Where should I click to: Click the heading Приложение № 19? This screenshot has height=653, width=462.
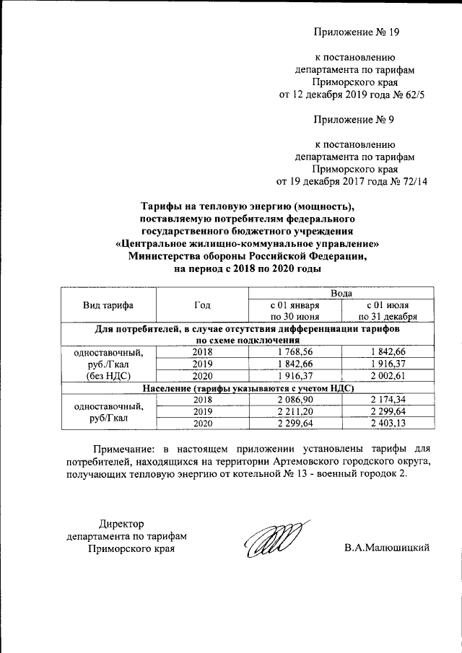click(356, 32)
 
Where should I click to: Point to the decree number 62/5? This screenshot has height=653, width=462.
click(414, 94)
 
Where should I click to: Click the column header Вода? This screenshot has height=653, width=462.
click(341, 293)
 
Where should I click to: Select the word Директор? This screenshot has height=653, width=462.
click(121, 523)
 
